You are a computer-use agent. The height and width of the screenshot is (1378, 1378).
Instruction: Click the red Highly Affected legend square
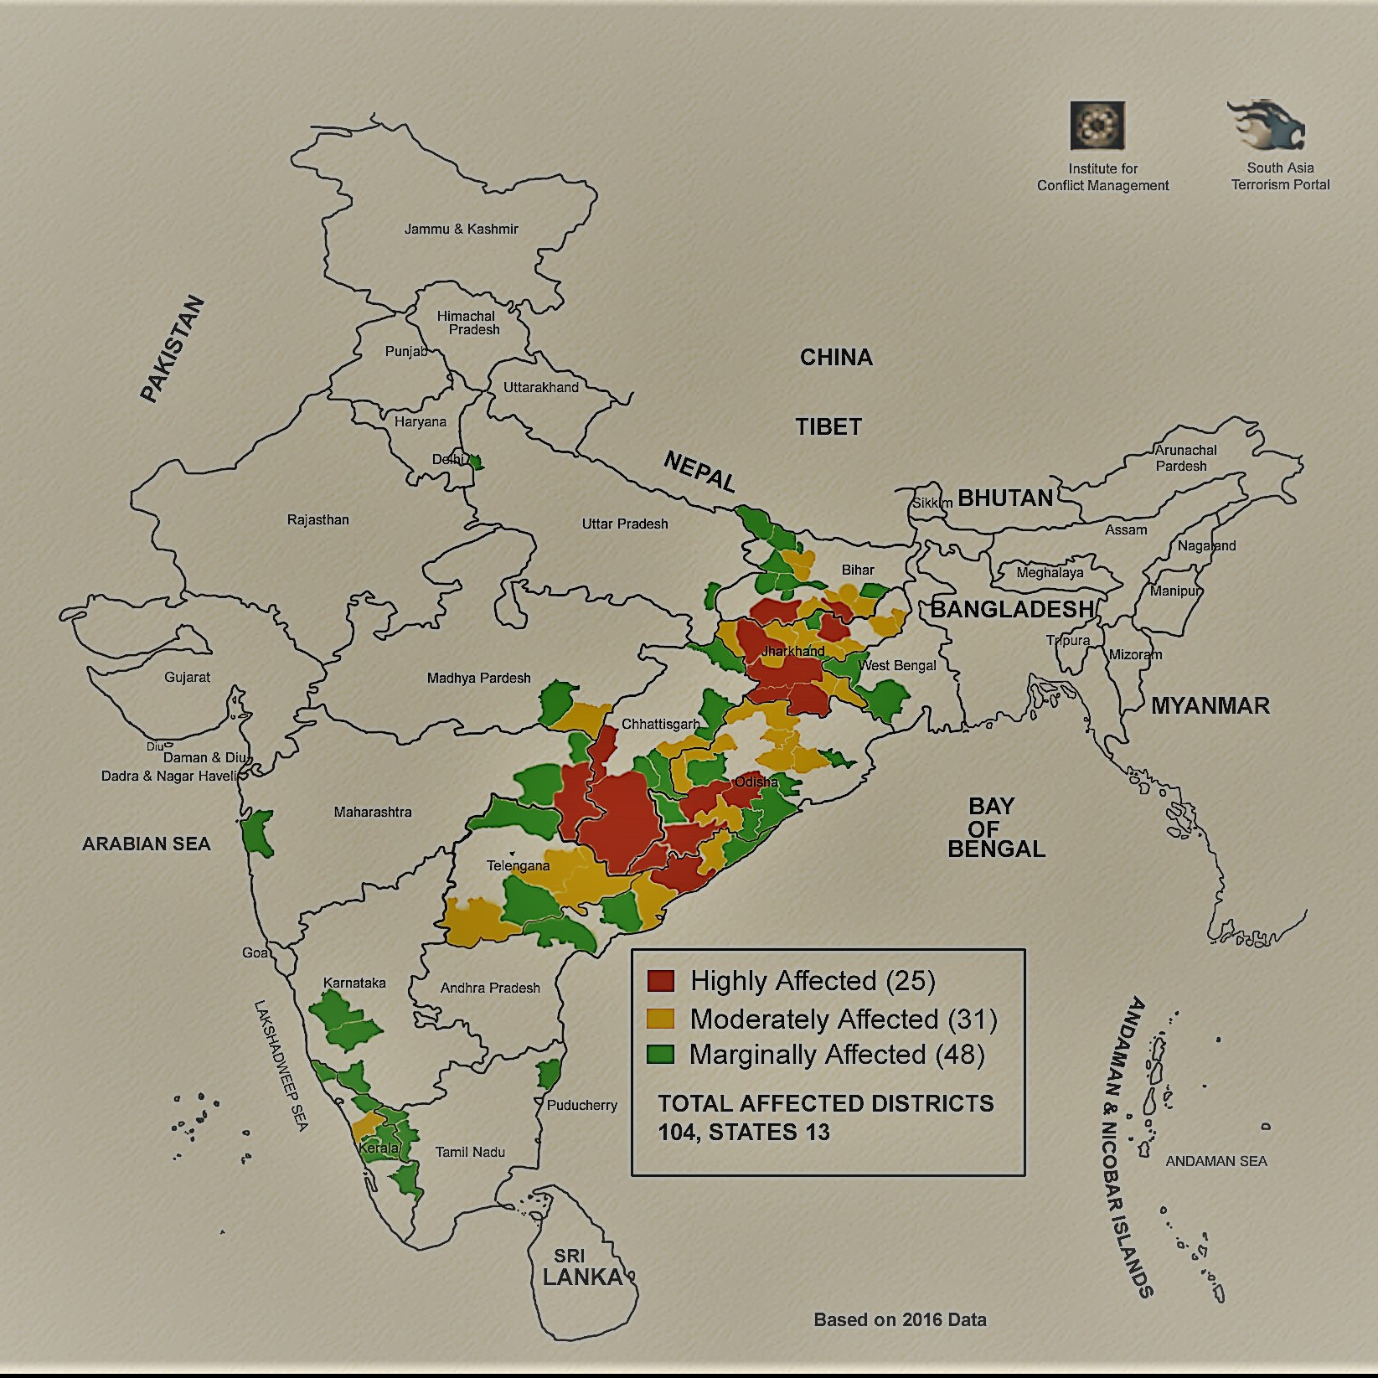(x=661, y=980)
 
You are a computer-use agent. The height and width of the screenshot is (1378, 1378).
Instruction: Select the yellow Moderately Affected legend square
(x=661, y=1018)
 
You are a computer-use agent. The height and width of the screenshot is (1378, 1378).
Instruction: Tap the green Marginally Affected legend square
(x=661, y=1054)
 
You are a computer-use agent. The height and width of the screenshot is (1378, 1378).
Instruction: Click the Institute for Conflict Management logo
(x=1097, y=126)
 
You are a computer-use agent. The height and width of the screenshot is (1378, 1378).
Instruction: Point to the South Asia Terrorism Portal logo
(x=1267, y=126)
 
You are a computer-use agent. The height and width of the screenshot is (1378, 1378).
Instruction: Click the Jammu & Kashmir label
(x=461, y=229)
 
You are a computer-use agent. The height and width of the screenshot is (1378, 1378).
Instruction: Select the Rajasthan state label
(x=317, y=519)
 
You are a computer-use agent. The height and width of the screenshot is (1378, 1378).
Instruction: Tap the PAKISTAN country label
(x=172, y=348)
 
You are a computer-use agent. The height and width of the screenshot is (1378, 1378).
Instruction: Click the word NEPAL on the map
(x=699, y=472)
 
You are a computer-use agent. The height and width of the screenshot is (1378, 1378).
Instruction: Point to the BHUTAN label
(x=1005, y=498)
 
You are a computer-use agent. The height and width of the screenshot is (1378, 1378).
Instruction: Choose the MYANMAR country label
(x=1210, y=705)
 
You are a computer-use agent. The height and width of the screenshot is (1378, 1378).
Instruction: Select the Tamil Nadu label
(x=470, y=1152)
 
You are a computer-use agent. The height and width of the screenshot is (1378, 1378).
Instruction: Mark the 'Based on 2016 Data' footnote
(x=900, y=1319)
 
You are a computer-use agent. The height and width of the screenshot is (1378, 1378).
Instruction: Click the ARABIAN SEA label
(x=146, y=844)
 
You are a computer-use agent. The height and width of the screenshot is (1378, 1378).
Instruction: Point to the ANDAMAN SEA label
(x=1216, y=1161)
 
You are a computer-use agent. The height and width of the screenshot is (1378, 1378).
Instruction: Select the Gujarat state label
(x=187, y=677)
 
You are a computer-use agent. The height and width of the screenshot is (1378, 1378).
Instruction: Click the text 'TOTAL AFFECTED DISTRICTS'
(x=825, y=1103)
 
